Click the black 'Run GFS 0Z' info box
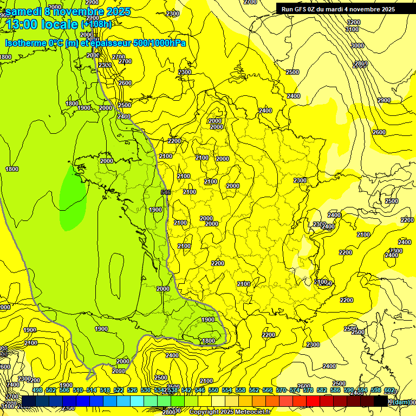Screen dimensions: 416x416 [338, 9]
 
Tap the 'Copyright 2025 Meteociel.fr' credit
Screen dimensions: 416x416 [230, 412]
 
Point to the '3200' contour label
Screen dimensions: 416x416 [353, 22]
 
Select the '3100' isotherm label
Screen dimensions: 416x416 [352, 29]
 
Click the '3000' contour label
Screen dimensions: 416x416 [357, 45]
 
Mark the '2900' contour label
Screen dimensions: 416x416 [383, 100]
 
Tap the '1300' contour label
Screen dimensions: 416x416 [185, 72]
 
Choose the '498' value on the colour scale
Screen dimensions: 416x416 [37, 390]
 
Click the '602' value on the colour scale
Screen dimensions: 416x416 [389, 390]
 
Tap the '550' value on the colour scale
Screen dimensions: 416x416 [213, 390]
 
